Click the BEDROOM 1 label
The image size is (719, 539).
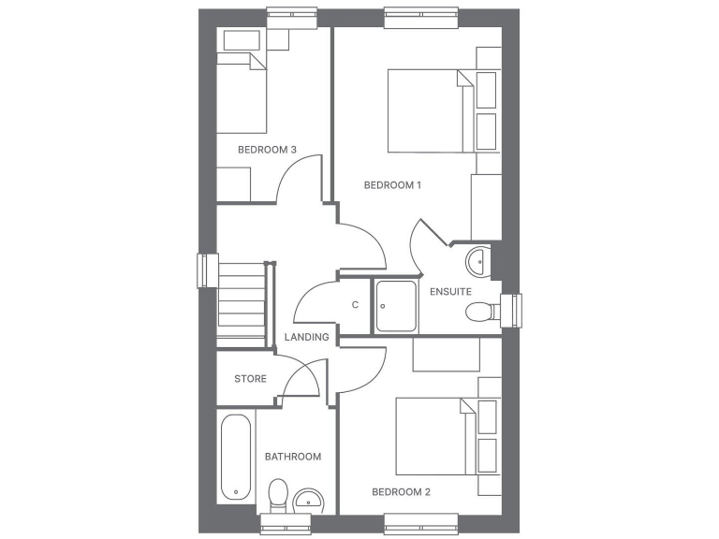(392, 185)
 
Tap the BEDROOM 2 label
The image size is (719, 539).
(401, 491)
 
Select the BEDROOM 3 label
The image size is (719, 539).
(267, 150)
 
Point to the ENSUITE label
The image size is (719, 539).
(450, 292)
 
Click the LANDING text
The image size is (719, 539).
(306, 337)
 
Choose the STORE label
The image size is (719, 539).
(250, 379)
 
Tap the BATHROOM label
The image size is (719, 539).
(292, 457)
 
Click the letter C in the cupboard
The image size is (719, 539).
(355, 304)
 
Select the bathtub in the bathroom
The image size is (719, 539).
(235, 458)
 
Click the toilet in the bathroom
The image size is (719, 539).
(278, 493)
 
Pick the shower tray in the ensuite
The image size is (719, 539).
(397, 306)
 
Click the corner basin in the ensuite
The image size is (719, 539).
(477, 260)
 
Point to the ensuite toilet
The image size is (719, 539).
(480, 312)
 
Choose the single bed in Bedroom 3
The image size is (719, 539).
(242, 93)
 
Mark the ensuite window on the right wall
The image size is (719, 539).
(511, 311)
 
